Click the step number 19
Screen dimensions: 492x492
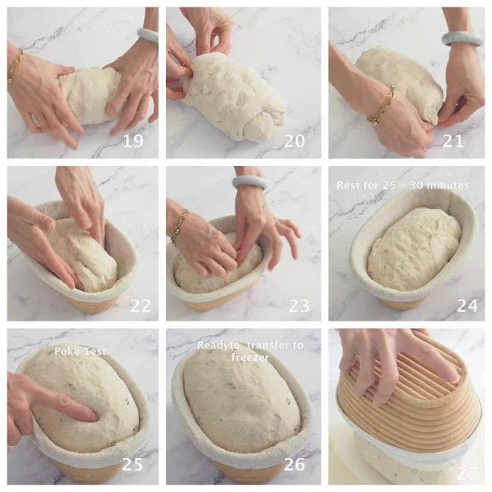click(x=133, y=141)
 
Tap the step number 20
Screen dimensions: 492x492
click(x=294, y=141)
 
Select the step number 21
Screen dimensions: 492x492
click(x=453, y=141)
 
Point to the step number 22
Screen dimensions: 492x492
click(x=140, y=306)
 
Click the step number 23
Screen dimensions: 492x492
click(x=299, y=306)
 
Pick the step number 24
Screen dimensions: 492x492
click(x=467, y=306)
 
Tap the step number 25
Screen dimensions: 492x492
click(x=132, y=464)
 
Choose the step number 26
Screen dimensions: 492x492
click(x=294, y=464)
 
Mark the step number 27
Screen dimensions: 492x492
click(x=467, y=474)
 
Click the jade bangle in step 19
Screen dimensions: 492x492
click(x=147, y=34)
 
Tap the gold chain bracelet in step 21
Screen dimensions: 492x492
click(x=382, y=105)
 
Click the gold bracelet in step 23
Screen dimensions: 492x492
click(x=179, y=226)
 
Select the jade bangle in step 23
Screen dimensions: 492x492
click(x=249, y=183)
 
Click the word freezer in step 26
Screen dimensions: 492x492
click(x=250, y=357)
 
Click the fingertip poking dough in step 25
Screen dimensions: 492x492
click(x=93, y=417)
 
